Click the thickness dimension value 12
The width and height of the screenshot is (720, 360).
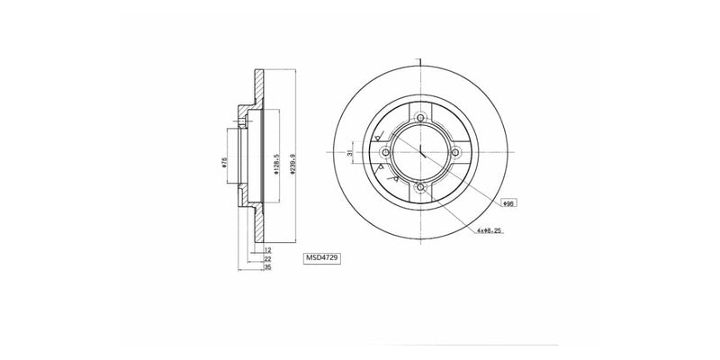pyautogui.click(x=267, y=249)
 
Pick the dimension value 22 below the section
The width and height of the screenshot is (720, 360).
pyautogui.click(x=267, y=258)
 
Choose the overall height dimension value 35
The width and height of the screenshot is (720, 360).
pyautogui.click(x=267, y=267)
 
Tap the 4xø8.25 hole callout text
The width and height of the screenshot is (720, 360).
pyautogui.click(x=491, y=232)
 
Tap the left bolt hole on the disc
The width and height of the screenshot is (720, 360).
pyautogui.click(x=386, y=153)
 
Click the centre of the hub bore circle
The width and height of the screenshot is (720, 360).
pyautogui.click(x=420, y=153)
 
